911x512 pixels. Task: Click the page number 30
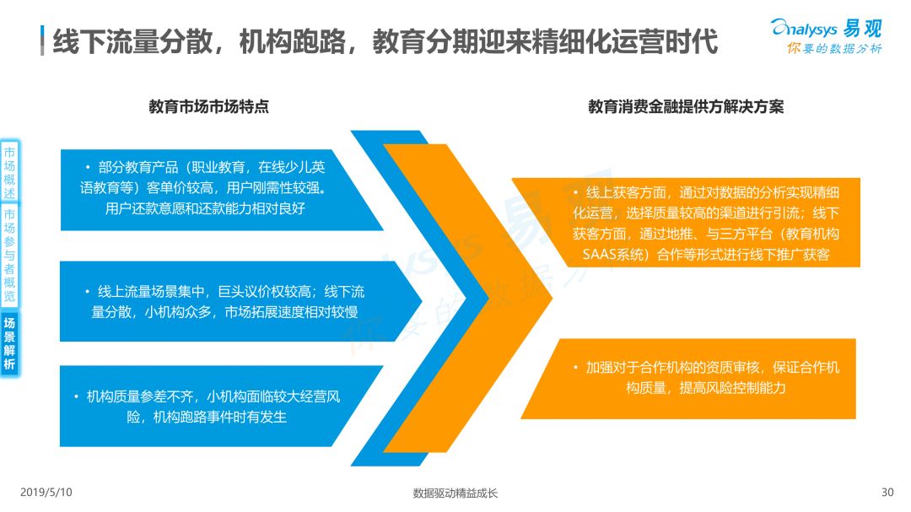pos(887,493)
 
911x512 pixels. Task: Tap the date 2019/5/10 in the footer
pos(46,493)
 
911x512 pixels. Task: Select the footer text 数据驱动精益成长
pos(455,493)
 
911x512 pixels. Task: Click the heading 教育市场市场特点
pos(208,106)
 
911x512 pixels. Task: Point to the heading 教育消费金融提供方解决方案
pos(686,106)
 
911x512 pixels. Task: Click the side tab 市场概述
pos(9,173)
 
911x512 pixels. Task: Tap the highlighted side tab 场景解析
pos(9,343)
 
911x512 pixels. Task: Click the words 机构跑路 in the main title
pos(292,41)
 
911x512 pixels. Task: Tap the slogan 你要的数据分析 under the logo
pos(834,49)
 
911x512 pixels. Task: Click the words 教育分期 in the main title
pos(424,41)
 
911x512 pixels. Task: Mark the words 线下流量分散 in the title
pos(132,41)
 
